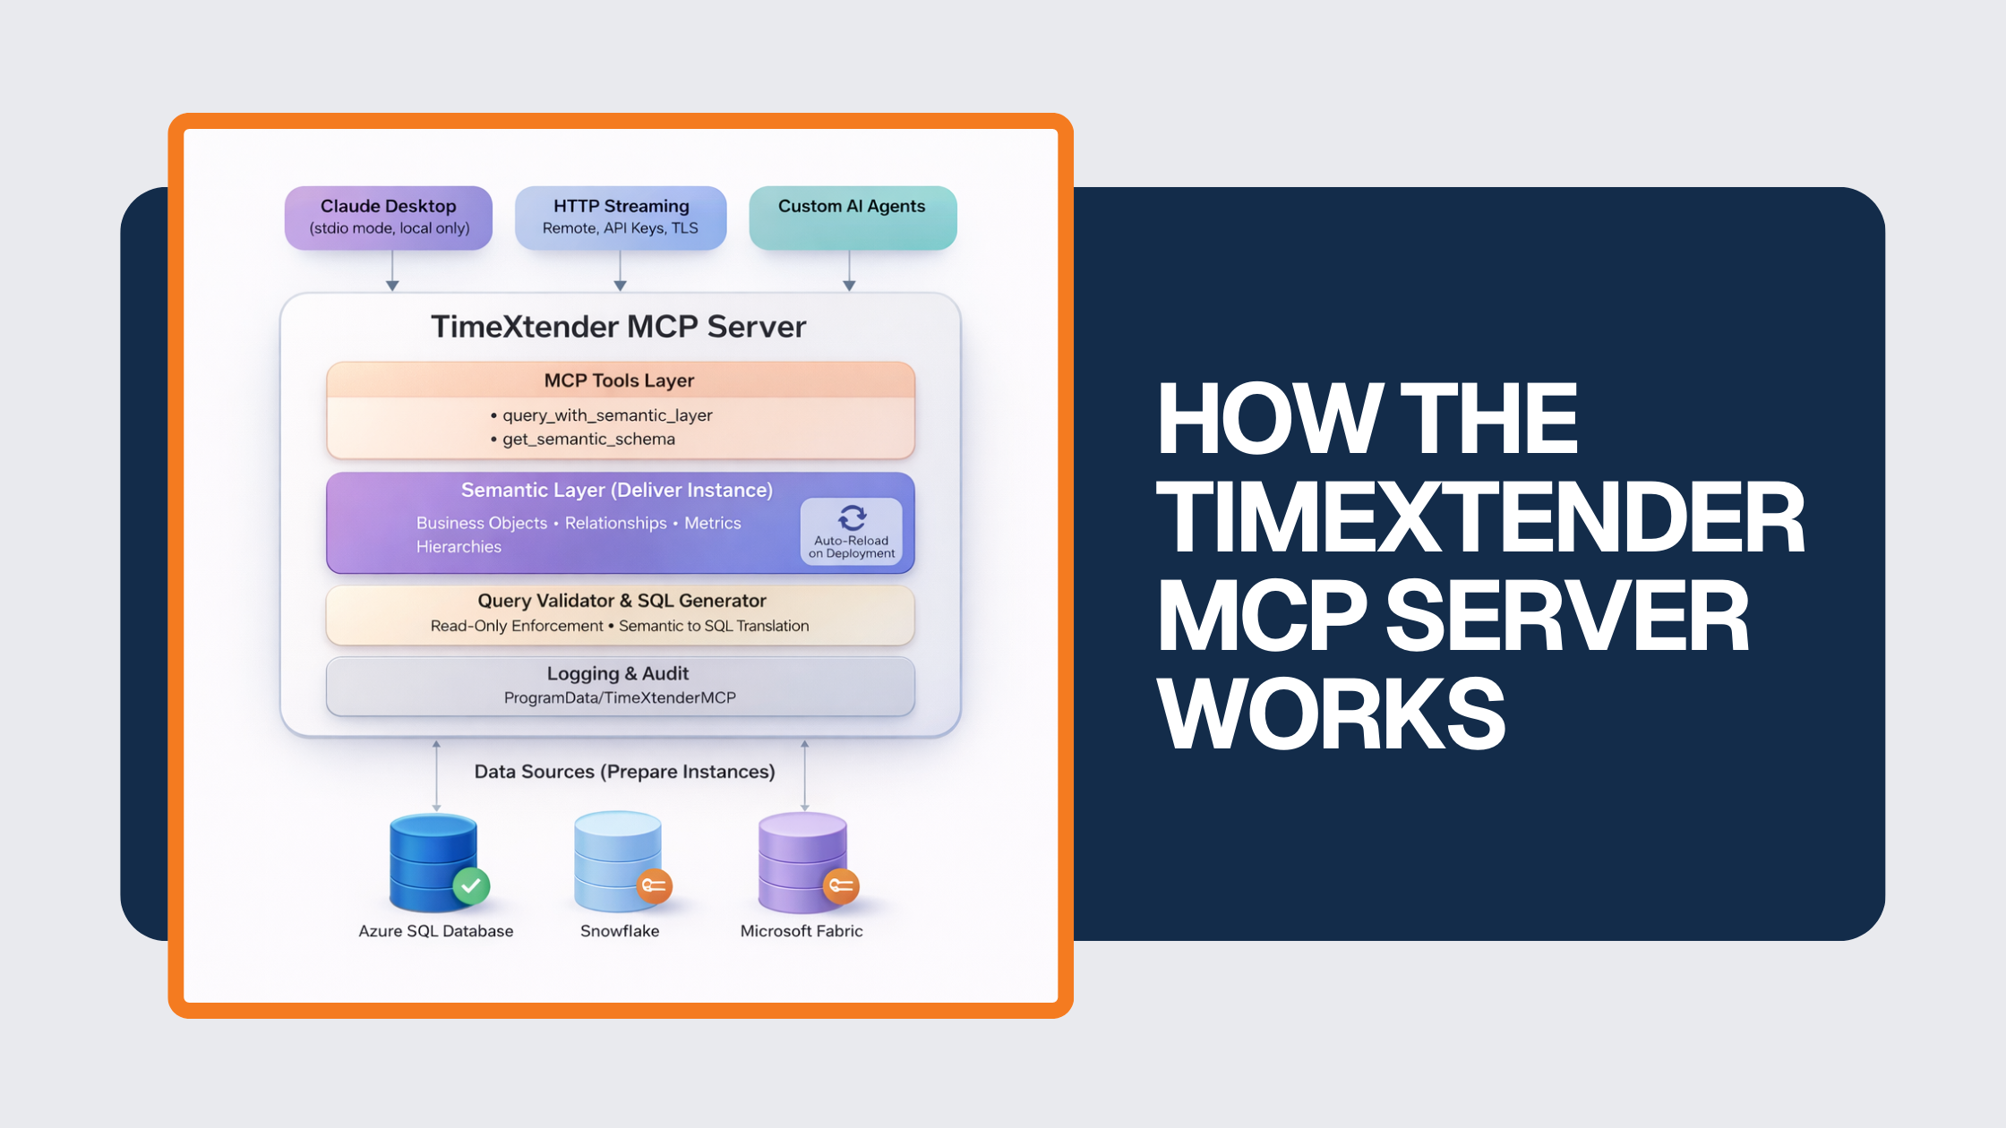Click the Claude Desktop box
point(389,218)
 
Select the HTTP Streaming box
point(621,218)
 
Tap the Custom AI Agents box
point(853,218)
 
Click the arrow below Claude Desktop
point(392,270)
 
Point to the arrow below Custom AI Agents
point(849,270)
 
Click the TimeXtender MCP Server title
point(619,327)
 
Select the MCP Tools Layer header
point(620,380)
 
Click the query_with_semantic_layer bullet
point(607,415)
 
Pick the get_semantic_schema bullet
point(588,440)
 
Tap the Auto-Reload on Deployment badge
point(852,532)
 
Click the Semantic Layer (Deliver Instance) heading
point(617,491)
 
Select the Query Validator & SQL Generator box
point(620,614)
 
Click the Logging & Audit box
point(620,686)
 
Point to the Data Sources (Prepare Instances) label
point(624,772)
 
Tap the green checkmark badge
point(471,886)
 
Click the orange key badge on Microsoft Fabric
point(841,886)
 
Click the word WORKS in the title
point(1331,714)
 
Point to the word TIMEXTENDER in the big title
point(1480,517)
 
